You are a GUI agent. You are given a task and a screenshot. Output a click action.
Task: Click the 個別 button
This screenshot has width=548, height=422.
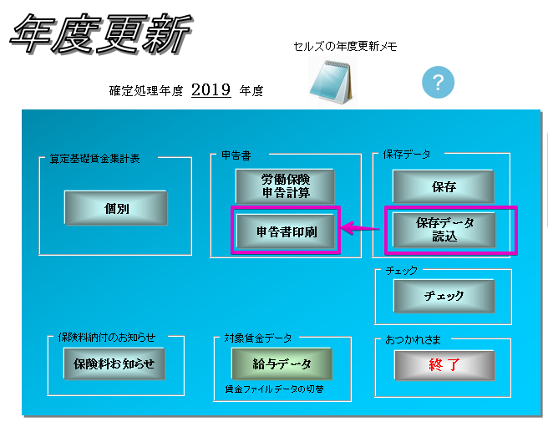pyautogui.click(x=116, y=208)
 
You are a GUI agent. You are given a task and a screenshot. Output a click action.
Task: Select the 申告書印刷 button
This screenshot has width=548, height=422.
pyautogui.click(x=287, y=231)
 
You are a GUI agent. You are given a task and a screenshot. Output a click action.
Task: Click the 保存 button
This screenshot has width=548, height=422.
pyautogui.click(x=444, y=186)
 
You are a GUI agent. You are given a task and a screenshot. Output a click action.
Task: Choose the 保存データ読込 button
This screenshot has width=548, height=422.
pyautogui.click(x=444, y=230)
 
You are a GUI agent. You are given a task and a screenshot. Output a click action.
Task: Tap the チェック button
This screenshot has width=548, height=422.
pyautogui.click(x=444, y=296)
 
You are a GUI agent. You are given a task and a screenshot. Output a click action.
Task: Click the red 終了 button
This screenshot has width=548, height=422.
pyautogui.click(x=444, y=365)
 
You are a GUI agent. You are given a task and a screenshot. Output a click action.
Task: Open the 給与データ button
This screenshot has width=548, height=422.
pyautogui.click(x=282, y=364)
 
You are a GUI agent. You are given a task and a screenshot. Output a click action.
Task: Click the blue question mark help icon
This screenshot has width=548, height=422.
pyautogui.click(x=438, y=82)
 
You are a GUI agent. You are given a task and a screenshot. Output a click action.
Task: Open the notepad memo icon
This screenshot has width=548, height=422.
pyautogui.click(x=332, y=83)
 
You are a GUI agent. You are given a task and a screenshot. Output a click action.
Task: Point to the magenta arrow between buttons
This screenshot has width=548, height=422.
pyautogui.click(x=360, y=228)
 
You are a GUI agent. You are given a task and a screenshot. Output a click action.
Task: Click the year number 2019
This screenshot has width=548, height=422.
pyautogui.click(x=211, y=90)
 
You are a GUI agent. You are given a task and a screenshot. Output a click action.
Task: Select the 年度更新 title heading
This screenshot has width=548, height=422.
pyautogui.click(x=101, y=33)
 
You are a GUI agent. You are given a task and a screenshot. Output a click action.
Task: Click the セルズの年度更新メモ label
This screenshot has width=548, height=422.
pyautogui.click(x=345, y=46)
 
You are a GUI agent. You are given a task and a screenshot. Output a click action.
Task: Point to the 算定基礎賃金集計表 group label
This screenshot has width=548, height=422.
pyautogui.click(x=94, y=159)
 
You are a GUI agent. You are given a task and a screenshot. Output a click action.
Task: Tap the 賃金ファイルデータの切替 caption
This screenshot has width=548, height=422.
pyautogui.click(x=274, y=389)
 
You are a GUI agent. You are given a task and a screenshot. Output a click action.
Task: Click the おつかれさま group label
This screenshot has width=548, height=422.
pyautogui.click(x=413, y=340)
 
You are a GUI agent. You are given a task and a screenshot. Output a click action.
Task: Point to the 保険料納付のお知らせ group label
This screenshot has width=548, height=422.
pyautogui.click(x=107, y=337)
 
